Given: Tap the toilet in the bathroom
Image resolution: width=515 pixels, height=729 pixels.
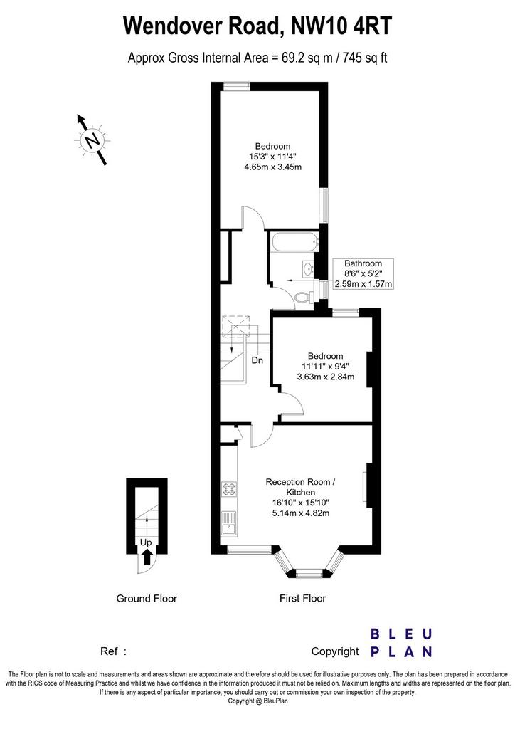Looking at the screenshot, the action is click(x=304, y=296).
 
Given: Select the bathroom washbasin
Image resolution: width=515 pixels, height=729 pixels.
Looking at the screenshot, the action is click(x=308, y=268).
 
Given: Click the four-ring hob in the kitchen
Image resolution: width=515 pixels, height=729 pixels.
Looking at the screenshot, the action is click(x=230, y=488).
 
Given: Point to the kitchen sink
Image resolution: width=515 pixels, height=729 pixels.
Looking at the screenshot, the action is click(x=229, y=523).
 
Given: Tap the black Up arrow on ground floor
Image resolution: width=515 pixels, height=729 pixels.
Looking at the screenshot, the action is click(x=147, y=555).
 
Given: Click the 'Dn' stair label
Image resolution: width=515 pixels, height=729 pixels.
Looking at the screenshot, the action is click(x=257, y=360).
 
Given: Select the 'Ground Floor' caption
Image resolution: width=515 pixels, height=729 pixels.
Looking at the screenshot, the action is click(x=147, y=598).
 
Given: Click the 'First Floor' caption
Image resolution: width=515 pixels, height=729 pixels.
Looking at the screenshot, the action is click(x=303, y=598).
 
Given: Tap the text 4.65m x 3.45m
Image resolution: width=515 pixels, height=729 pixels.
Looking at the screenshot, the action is click(x=273, y=167).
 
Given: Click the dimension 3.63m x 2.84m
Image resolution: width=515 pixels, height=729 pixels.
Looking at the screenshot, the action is click(x=326, y=377).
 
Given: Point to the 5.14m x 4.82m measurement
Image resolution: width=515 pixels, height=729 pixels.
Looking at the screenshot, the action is click(x=301, y=513).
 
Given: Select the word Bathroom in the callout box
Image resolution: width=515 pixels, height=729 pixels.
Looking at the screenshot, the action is click(x=363, y=263).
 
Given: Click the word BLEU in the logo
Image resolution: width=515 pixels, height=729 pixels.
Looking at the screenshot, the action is click(x=401, y=634).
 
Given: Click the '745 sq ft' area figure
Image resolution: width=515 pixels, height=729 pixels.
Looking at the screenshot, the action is click(x=365, y=58).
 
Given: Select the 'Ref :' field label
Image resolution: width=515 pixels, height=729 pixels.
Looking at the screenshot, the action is click(x=113, y=651).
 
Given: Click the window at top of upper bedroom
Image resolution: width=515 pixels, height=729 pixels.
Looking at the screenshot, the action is click(x=236, y=86).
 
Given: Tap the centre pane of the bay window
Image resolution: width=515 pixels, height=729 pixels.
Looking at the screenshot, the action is click(x=309, y=574).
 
